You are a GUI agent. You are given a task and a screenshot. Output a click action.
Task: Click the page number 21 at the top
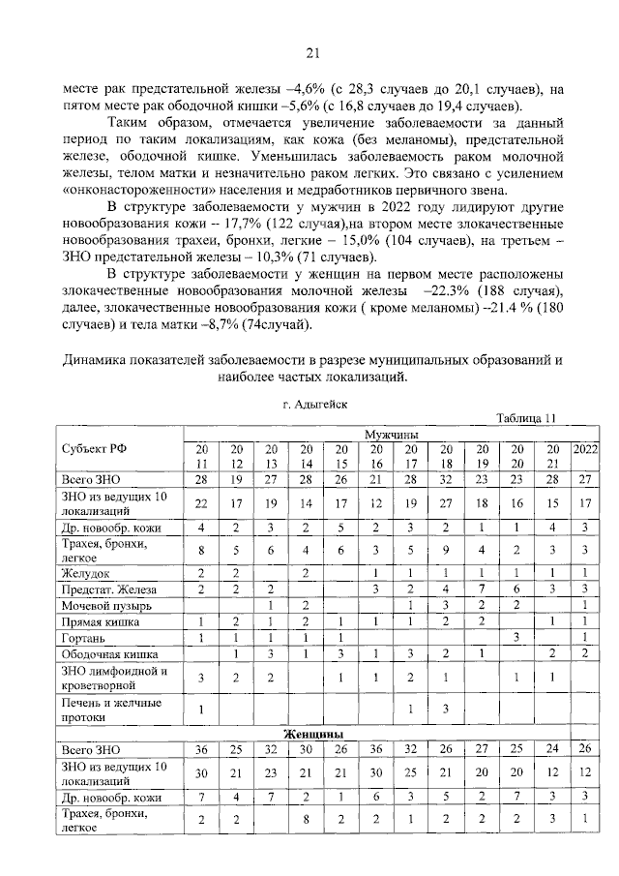click(x=311, y=52)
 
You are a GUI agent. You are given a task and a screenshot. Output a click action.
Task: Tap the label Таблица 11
click(x=527, y=417)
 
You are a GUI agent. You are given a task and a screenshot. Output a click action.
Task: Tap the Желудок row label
click(x=84, y=572)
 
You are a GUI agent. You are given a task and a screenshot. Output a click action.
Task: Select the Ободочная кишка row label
click(x=108, y=654)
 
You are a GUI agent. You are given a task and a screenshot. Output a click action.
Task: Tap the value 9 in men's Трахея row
click(x=446, y=552)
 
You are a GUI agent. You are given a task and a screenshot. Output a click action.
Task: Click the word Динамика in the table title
click(x=96, y=360)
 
